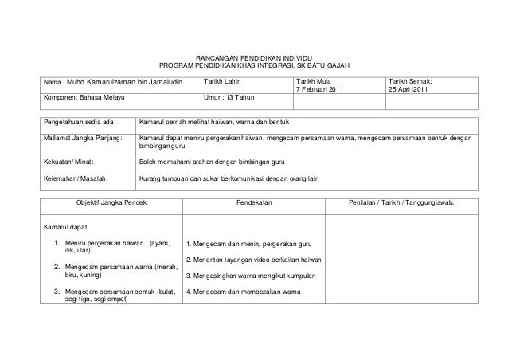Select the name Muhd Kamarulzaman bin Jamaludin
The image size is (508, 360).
tap(124, 82)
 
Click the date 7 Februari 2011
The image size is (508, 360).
tap(322, 88)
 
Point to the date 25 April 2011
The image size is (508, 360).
tap(412, 88)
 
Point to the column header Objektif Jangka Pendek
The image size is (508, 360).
tap(111, 204)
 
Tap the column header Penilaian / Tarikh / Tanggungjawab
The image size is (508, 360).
tap(403, 204)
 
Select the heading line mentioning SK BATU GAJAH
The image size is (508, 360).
tap(255, 66)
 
